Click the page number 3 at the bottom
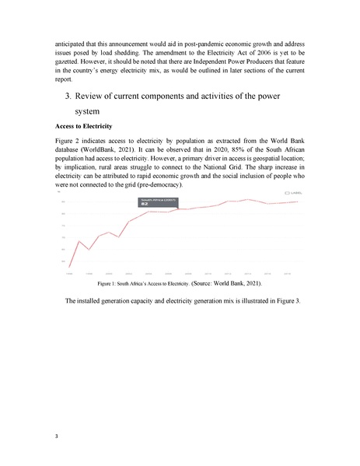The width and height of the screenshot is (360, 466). tap(57, 435)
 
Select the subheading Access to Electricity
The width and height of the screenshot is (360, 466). tap(84, 125)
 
